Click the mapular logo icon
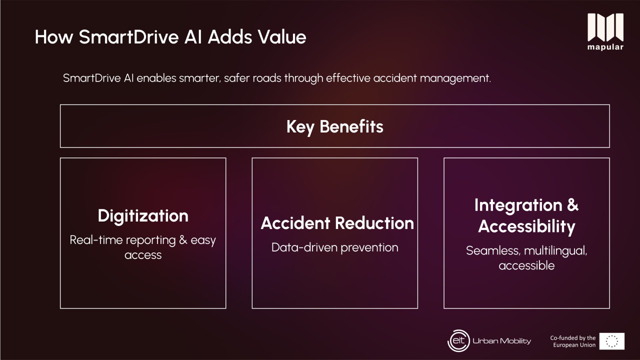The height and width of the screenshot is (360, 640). pos(605,27)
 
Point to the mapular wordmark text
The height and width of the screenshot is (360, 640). pos(605,47)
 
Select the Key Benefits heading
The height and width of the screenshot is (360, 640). pos(335,126)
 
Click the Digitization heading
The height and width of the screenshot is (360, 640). pos(143,215)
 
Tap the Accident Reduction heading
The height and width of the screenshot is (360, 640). pos(337,223)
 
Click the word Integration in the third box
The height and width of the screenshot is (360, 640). pos(518,205)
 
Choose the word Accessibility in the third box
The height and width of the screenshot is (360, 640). pos(526,226)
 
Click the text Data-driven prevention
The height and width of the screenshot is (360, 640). pos(335,247)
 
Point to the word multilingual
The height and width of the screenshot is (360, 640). pos(555,251)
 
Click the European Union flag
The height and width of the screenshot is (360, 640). pos(611,341)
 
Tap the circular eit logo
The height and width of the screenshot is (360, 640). pos(458,340)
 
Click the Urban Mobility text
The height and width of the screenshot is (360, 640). pos(501,341)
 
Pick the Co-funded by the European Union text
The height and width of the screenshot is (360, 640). pos(573,341)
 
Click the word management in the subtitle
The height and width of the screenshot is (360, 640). pos(455,78)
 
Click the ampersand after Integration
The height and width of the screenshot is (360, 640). pos(572,205)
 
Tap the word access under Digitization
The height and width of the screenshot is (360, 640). pos(143,255)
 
